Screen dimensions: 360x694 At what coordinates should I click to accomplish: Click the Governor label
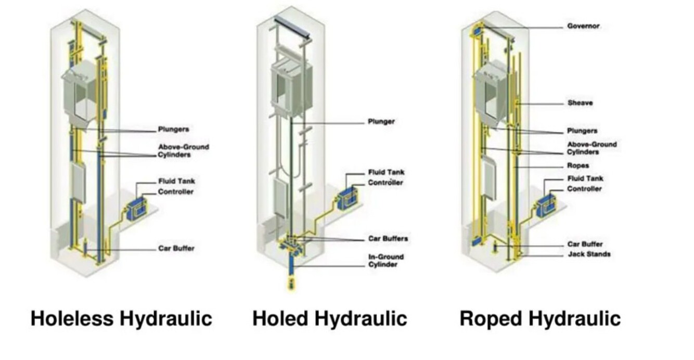583,26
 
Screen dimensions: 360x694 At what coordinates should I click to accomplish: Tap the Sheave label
580,103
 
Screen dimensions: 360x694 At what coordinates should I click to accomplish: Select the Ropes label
578,166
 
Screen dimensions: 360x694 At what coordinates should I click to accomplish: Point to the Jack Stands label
588,254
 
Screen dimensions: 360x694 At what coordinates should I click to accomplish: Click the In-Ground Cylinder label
385,261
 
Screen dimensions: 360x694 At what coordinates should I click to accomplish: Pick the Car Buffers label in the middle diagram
388,239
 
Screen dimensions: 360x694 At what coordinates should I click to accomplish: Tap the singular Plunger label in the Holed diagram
381,122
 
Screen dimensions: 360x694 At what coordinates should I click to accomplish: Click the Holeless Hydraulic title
121,318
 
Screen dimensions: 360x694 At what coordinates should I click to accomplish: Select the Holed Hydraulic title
329,318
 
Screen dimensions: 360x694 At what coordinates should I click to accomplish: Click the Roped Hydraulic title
539,318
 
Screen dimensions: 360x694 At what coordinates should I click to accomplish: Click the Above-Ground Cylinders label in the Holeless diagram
183,151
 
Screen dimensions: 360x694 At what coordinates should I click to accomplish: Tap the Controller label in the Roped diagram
584,189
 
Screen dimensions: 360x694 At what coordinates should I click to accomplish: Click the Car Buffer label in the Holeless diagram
176,248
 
